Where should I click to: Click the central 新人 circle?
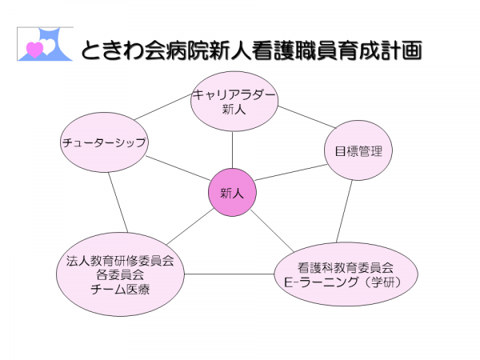[x=232, y=193]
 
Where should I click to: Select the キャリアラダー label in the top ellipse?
[x=234, y=95]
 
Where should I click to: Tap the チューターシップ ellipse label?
[x=104, y=142]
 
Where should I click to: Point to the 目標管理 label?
[x=358, y=151]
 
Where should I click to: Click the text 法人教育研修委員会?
[x=120, y=261]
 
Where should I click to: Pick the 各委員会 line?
[x=120, y=275]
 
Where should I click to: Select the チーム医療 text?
[x=120, y=290]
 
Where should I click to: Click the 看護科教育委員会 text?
[x=346, y=268]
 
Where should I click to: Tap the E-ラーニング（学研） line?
[x=343, y=282]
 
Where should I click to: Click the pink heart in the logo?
[x=34, y=49]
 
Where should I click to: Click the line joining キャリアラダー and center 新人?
[x=232, y=150]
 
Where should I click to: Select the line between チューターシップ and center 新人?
[x=178, y=168]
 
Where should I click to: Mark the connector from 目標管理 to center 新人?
[x=291, y=172]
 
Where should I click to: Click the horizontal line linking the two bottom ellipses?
[x=230, y=274]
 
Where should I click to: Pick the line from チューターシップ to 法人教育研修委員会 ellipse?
[x=118, y=202]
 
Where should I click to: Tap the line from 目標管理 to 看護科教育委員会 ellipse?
[x=344, y=211]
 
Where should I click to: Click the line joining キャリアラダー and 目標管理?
[x=306, y=117]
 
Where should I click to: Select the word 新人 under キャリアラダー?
[x=234, y=110]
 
